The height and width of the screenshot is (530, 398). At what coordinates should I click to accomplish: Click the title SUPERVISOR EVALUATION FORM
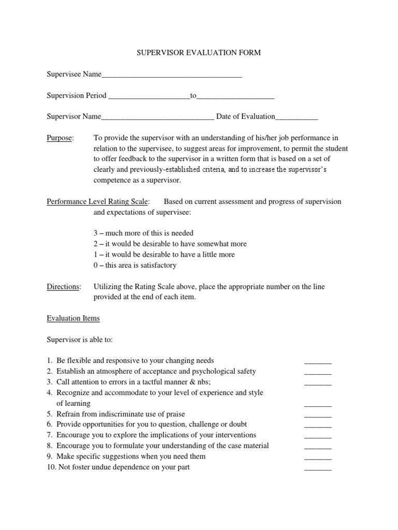click(x=198, y=53)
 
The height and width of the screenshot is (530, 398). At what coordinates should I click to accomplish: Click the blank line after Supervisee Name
click(x=172, y=76)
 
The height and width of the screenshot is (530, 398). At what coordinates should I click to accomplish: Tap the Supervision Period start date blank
click(x=149, y=97)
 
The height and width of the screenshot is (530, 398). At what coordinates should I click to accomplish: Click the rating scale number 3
click(x=96, y=233)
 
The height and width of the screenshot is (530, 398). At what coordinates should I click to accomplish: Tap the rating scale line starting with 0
click(x=135, y=266)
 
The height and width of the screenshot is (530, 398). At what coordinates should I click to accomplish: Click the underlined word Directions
click(x=64, y=287)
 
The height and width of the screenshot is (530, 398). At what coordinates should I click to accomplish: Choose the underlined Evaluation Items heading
click(x=73, y=318)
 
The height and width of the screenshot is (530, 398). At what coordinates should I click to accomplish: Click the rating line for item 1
click(x=317, y=361)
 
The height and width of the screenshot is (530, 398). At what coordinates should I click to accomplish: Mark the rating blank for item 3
click(x=317, y=383)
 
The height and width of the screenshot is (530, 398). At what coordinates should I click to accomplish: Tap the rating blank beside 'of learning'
click(x=317, y=404)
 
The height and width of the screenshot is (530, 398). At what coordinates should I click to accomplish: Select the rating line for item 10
click(x=317, y=468)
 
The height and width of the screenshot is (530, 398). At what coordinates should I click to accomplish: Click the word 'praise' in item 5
click(x=175, y=414)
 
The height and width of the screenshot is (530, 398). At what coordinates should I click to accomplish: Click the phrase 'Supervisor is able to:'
click(x=79, y=340)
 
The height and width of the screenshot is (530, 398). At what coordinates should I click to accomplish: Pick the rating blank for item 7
click(x=317, y=436)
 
